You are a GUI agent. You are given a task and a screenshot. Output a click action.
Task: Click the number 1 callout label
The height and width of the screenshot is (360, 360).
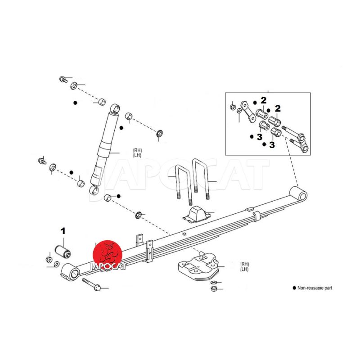63,231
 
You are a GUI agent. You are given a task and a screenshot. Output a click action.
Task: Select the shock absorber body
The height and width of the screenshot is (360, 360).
105,144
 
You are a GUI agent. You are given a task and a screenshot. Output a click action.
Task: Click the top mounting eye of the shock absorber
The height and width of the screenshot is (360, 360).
115,108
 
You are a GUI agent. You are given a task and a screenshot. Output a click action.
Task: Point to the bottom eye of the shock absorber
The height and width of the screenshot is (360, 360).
94,189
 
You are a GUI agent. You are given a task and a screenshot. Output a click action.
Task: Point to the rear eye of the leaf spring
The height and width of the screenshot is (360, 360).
299,194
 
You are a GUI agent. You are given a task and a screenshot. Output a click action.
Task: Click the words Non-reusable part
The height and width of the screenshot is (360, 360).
315,288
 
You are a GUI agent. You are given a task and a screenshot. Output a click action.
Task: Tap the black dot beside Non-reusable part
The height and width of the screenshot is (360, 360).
294,288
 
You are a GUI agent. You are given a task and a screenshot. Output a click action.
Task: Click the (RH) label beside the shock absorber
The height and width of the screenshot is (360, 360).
137,150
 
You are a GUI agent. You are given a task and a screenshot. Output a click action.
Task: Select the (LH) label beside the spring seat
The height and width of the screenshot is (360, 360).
244,269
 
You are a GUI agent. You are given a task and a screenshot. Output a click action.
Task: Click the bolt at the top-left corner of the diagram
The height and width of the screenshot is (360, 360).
63,80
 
